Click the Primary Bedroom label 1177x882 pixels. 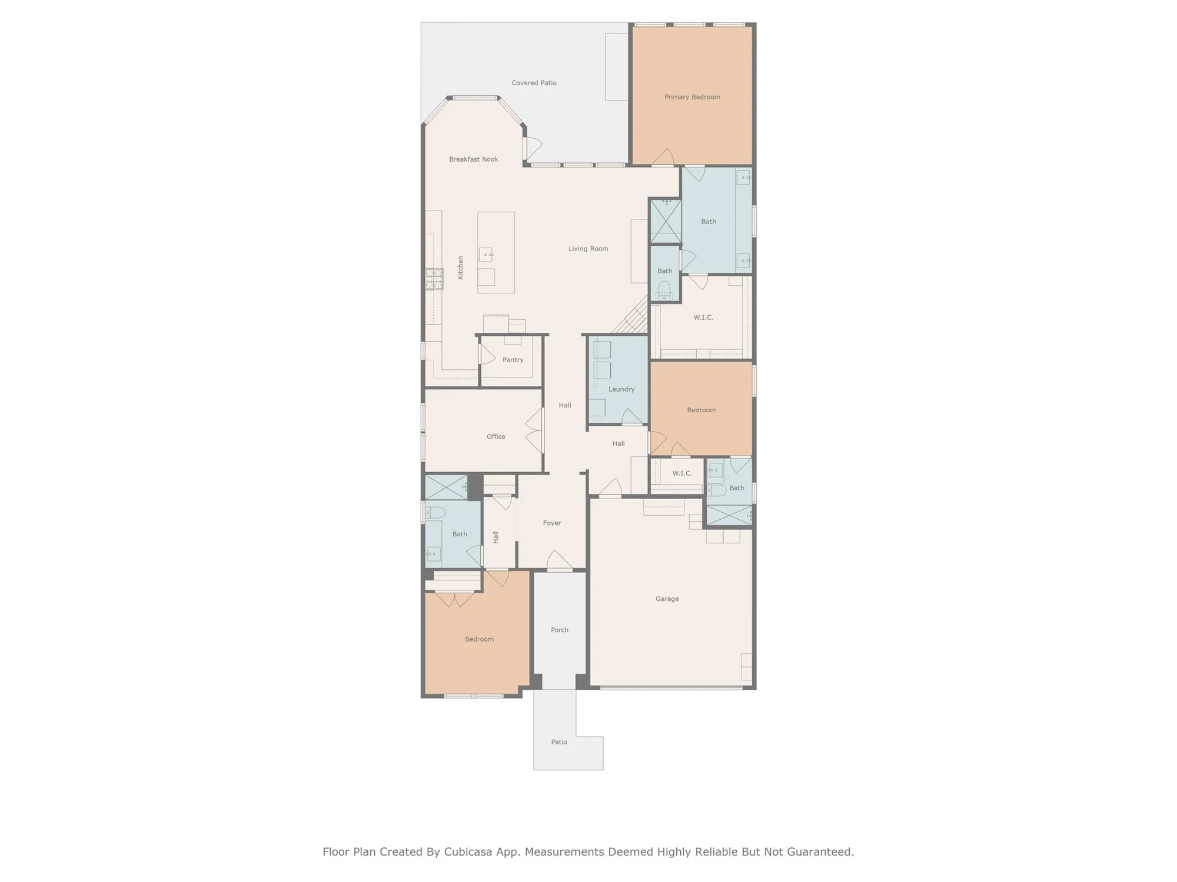[692, 97]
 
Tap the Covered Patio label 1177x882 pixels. [534, 83]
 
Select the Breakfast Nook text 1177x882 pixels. [473, 159]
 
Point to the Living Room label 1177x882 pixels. [588, 249]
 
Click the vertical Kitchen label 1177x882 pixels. [461, 268]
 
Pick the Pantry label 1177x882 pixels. [513, 360]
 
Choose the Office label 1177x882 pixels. [496, 436]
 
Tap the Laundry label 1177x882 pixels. [621, 389]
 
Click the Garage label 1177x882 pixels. [667, 599]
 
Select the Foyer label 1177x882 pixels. [551, 523]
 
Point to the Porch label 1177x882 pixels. [559, 630]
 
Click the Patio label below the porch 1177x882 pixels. [558, 742]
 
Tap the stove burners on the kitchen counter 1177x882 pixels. [435, 279]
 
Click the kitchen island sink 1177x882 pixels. [486, 255]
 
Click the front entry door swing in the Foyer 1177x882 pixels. [559, 560]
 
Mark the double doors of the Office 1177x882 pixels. [534, 430]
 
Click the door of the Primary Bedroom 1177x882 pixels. [663, 157]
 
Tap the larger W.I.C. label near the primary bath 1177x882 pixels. [703, 318]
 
